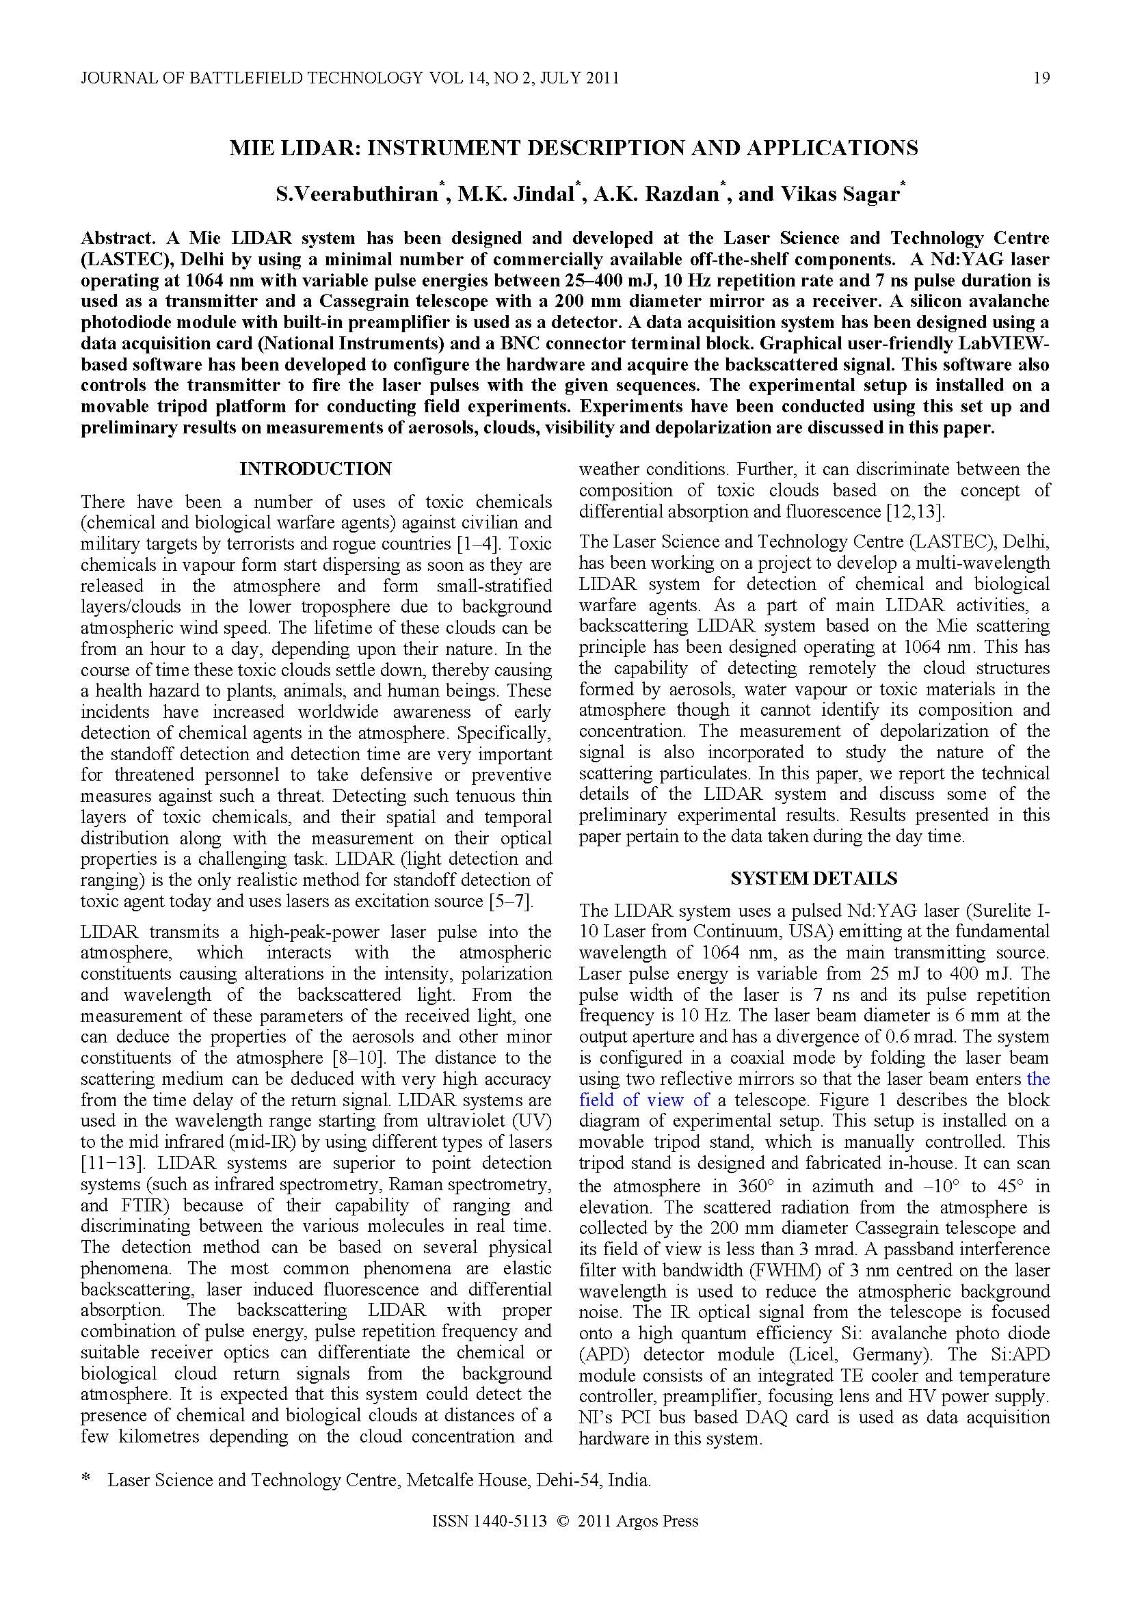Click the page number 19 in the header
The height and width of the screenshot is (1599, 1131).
tap(1041, 78)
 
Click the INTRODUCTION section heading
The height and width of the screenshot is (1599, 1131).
tap(315, 470)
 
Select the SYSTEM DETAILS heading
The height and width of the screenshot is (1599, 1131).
tap(814, 879)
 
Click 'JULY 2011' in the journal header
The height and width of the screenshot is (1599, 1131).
tap(578, 78)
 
